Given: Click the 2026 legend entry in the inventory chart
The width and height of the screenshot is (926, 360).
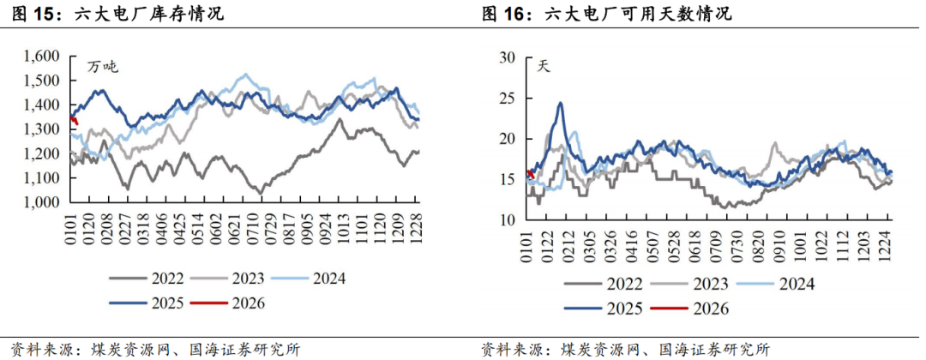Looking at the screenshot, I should point(248,303).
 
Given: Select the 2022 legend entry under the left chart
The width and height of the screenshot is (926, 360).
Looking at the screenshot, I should point(151,278).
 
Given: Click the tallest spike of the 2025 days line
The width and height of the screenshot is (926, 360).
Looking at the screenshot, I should point(560,104).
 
